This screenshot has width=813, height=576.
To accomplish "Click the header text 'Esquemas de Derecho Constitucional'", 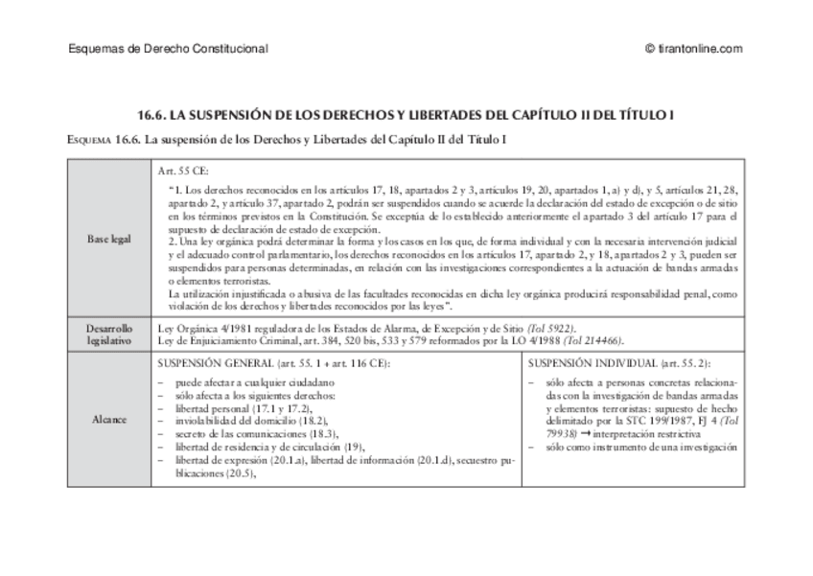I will click(x=169, y=49).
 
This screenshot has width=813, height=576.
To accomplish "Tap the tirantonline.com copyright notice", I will click(x=695, y=49).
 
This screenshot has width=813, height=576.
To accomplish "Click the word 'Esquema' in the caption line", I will click(x=90, y=140).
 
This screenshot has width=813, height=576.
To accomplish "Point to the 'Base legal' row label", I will click(x=108, y=238).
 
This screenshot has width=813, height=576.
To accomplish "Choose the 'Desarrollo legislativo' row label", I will click(x=108, y=334).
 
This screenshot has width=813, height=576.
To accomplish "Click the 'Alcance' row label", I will click(x=108, y=420).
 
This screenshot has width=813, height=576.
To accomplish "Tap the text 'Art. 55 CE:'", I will click(x=182, y=170).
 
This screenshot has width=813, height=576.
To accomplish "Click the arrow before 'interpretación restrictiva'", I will click(x=586, y=434).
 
